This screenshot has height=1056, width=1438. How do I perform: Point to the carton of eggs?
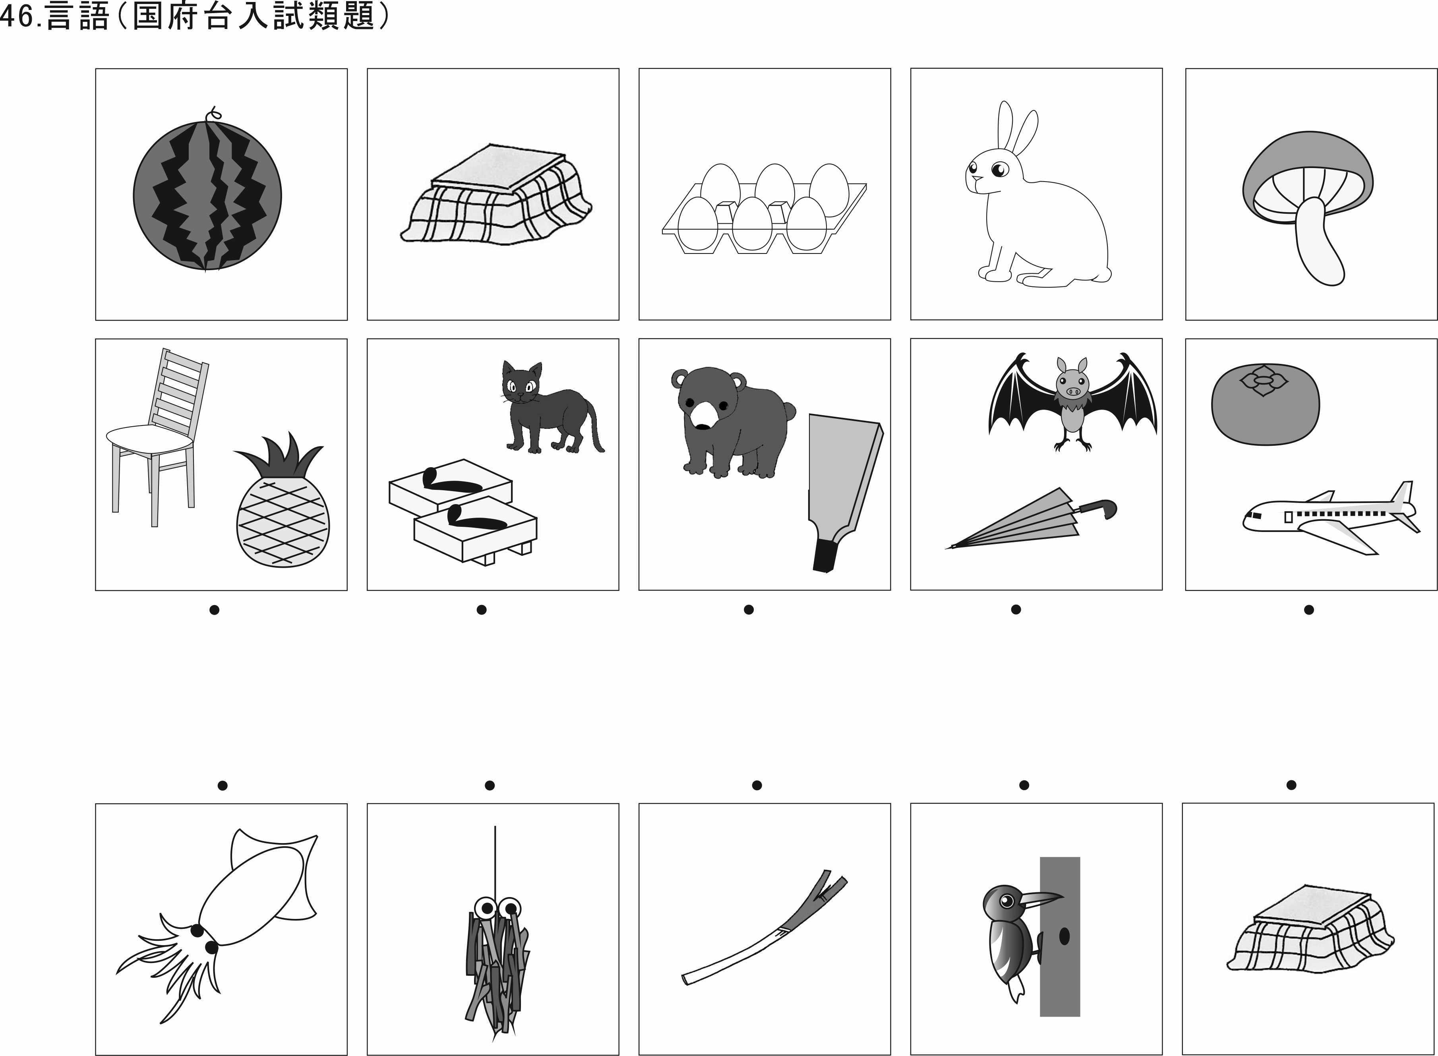click(x=764, y=211)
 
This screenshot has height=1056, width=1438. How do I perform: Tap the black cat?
click(x=547, y=409)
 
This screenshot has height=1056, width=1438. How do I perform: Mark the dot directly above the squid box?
click(x=223, y=785)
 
